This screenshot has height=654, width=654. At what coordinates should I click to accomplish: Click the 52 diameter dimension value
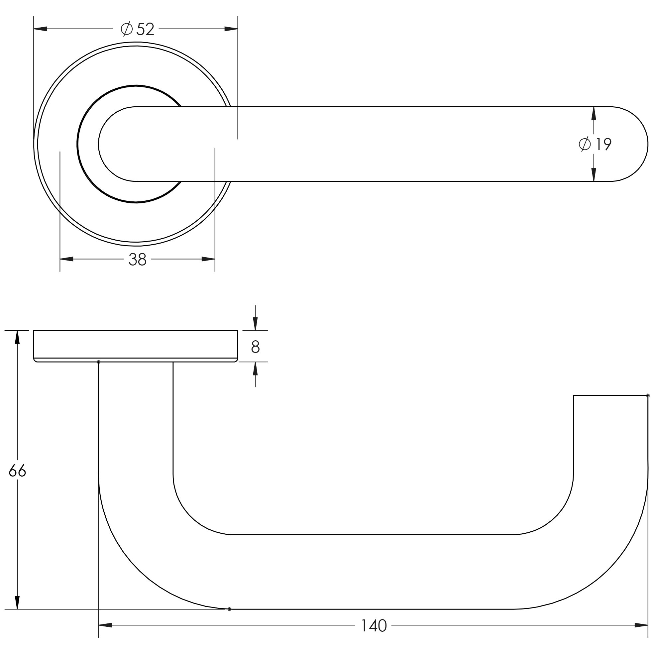coord(145,30)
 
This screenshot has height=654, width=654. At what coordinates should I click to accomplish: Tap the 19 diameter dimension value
coord(603,145)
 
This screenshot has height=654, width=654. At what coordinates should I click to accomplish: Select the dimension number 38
coord(138,260)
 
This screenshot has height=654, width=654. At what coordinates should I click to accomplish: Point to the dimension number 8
coord(255,346)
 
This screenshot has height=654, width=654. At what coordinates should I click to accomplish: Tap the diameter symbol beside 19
coord(585,145)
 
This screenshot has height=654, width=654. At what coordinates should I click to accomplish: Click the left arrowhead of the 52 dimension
coord(40,29)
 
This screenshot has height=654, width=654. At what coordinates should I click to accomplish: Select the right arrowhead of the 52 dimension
coord(231,29)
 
